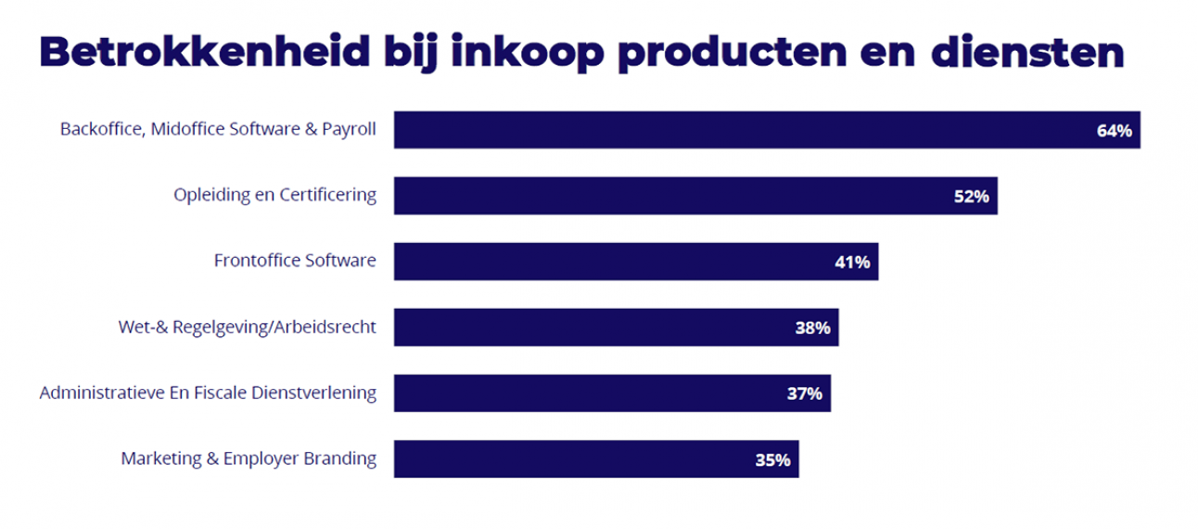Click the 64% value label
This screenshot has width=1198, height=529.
[x=1114, y=131]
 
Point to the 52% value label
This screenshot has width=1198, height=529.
[x=972, y=197]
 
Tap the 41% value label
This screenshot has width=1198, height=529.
[x=852, y=263]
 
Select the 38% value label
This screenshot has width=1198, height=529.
[x=812, y=328]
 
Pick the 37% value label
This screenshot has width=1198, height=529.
[x=805, y=394]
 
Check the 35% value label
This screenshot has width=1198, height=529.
[x=772, y=459]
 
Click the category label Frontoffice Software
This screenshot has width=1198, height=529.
[x=295, y=261]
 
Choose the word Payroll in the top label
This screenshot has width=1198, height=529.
[x=350, y=130]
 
